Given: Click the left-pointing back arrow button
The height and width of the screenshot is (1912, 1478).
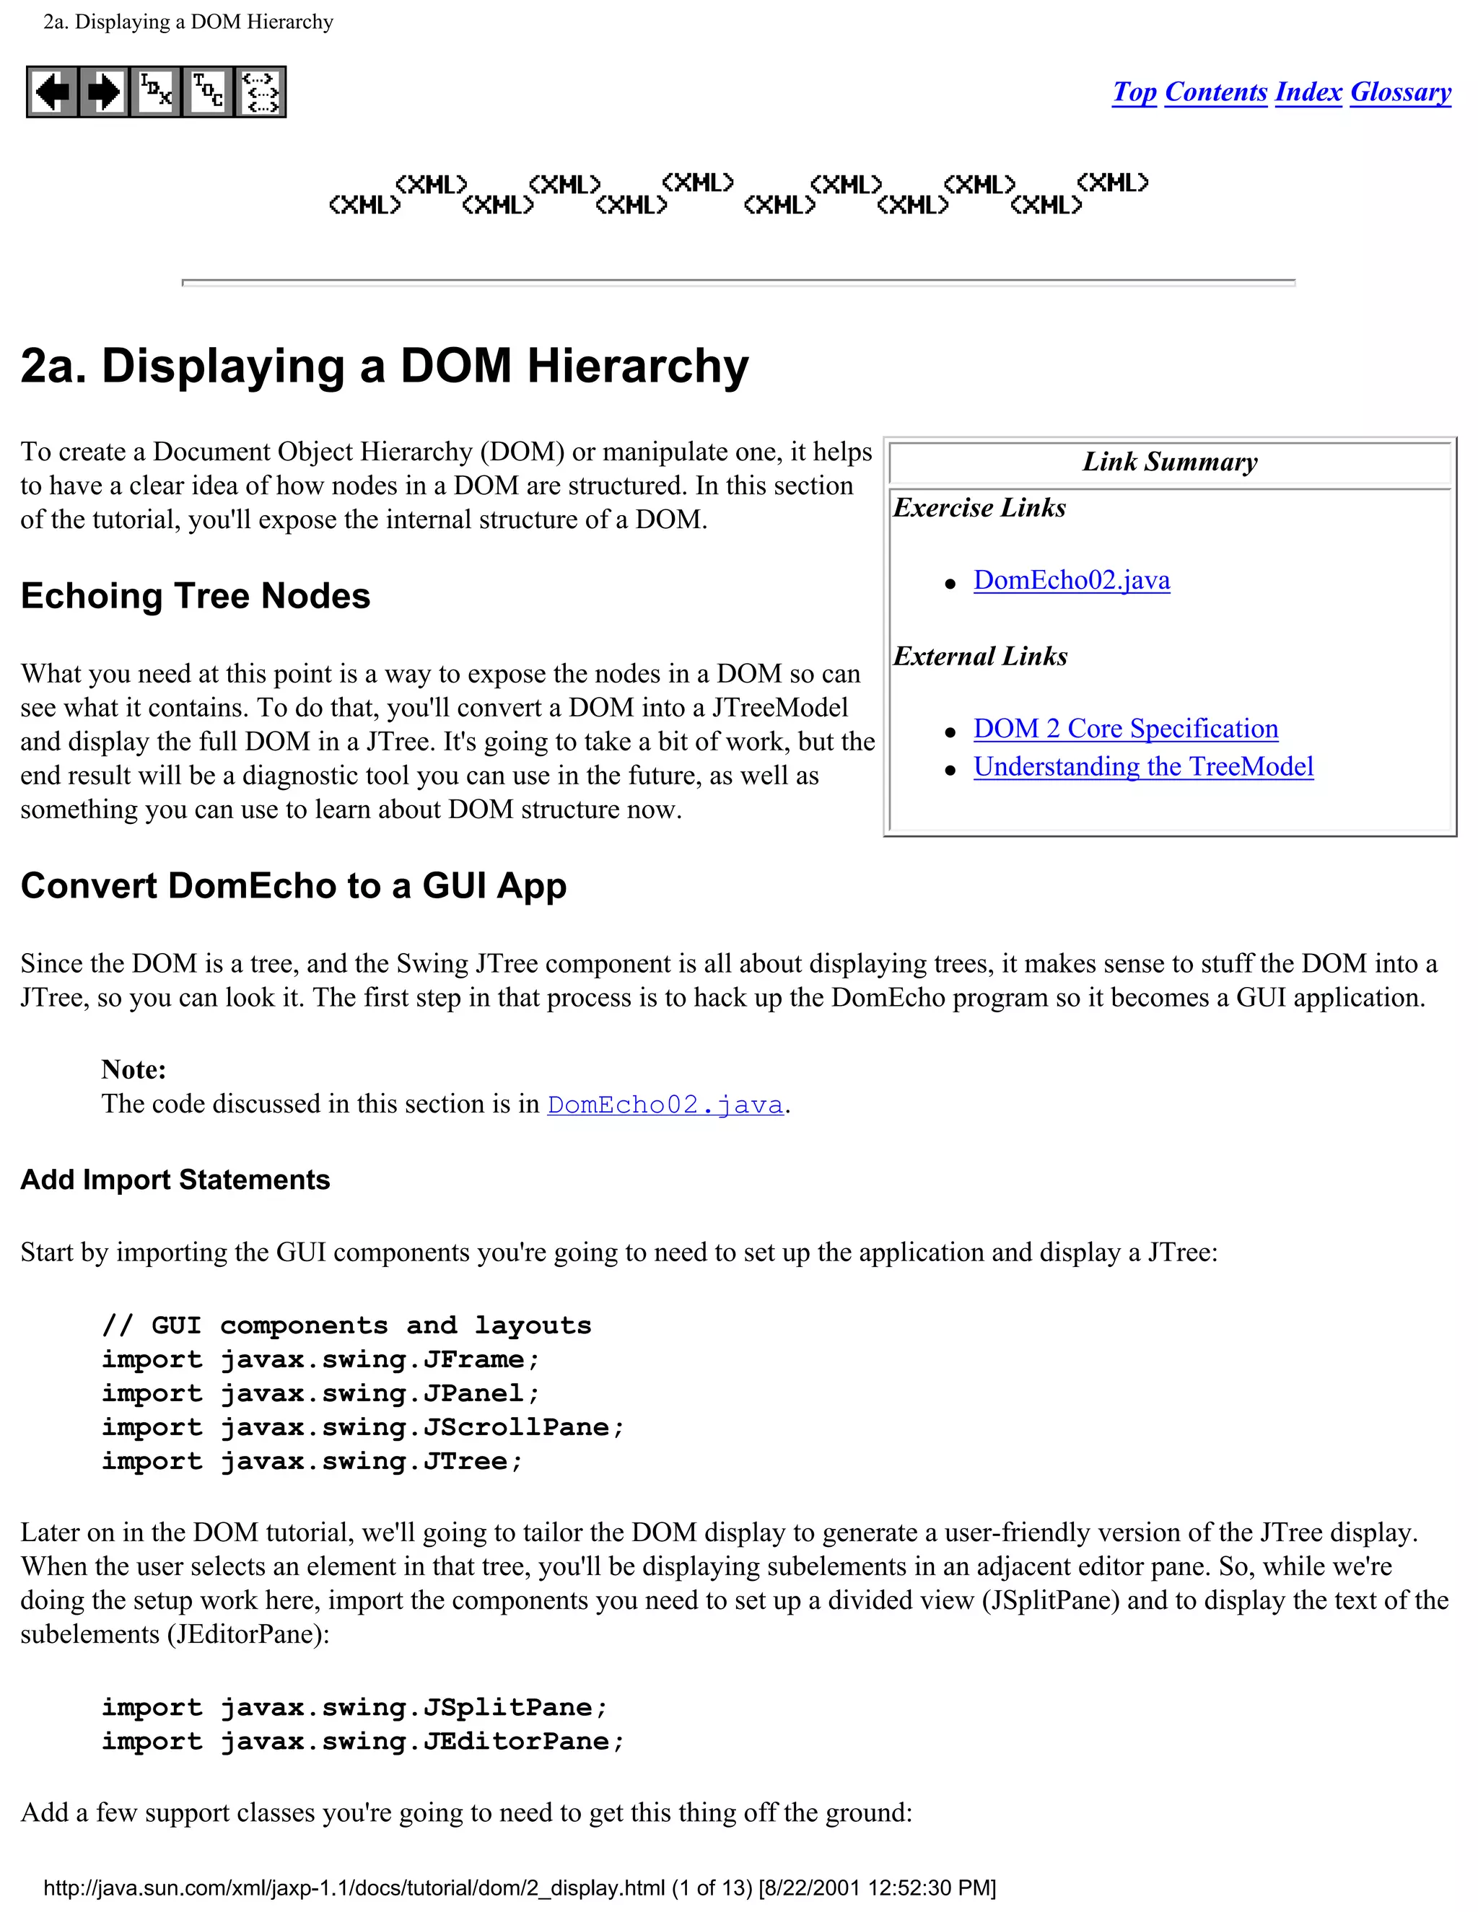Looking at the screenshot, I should [x=53, y=92].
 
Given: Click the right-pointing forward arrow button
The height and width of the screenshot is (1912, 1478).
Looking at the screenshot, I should [x=104, y=92].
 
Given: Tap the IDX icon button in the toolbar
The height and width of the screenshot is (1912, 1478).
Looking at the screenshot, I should [x=156, y=92].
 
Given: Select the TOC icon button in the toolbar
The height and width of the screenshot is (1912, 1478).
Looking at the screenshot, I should [x=209, y=92].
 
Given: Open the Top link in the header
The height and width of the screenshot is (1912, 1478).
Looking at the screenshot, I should [x=1134, y=92].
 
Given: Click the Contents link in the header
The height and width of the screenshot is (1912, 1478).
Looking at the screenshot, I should [x=1215, y=92].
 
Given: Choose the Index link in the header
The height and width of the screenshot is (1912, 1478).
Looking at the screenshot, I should [x=1308, y=92].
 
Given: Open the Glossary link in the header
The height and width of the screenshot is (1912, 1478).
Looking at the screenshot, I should [x=1400, y=92].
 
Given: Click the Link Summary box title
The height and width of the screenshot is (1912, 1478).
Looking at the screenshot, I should [x=1170, y=461].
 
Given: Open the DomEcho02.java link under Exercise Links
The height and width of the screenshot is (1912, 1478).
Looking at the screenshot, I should [x=1071, y=580].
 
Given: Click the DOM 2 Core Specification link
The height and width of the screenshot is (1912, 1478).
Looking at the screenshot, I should [x=1125, y=729].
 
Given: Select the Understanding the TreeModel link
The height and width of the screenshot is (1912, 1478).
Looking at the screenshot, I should [x=1142, y=767].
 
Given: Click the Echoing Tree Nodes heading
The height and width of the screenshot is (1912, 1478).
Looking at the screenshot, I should [x=196, y=596].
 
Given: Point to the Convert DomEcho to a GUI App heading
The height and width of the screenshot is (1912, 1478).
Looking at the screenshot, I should [x=293, y=886].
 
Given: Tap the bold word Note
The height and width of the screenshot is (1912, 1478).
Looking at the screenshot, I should [x=133, y=1069].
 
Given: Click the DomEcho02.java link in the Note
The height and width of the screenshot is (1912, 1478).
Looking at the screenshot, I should [x=665, y=1105].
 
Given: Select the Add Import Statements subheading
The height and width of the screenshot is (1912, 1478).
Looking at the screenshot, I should [x=175, y=1180].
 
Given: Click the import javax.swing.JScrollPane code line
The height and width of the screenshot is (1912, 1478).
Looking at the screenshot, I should [x=362, y=1427].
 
